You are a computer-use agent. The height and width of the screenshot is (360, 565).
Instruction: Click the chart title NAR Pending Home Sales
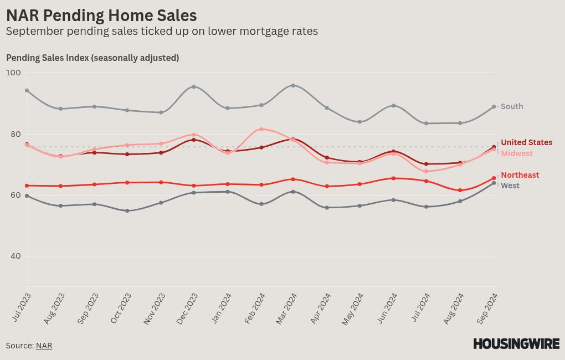[101, 16]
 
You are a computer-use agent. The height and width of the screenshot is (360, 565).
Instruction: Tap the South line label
[512, 106]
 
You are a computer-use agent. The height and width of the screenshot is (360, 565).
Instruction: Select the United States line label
[526, 142]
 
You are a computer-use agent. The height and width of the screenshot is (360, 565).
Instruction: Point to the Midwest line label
[517, 153]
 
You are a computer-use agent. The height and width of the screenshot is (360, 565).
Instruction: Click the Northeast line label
[520, 175]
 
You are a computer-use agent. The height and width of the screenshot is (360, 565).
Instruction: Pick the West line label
[510, 186]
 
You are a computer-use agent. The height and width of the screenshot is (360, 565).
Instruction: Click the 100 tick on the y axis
[13, 73]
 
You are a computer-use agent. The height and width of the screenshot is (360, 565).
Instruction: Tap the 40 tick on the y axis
[16, 256]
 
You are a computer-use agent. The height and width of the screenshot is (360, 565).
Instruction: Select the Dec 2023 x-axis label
[187, 308]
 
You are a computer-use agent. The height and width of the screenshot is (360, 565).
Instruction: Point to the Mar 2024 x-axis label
[286, 308]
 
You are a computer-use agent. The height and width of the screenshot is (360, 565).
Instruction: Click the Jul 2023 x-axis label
[22, 307]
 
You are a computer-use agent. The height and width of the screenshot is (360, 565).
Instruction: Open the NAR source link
[44, 346]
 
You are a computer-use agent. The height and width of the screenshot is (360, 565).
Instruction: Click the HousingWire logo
[516, 344]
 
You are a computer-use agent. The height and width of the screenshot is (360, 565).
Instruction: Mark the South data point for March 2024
[293, 85]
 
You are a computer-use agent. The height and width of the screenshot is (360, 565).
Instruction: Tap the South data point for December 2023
[194, 87]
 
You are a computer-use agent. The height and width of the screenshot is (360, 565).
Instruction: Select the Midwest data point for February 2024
[261, 129]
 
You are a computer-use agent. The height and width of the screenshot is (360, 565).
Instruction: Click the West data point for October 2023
[127, 211]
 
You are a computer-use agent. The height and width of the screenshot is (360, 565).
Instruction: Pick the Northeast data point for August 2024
[460, 191]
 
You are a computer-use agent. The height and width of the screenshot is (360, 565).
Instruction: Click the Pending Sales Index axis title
[93, 58]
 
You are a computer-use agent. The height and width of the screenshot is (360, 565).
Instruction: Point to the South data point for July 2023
[27, 90]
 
